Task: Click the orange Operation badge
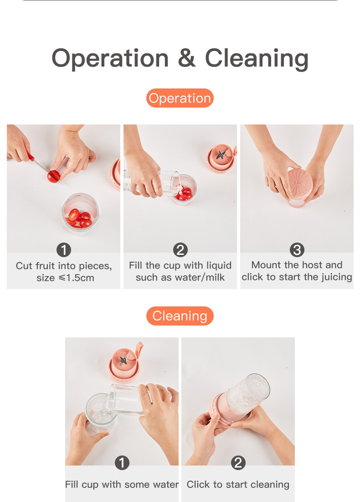[180, 98]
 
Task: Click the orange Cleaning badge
[180, 316]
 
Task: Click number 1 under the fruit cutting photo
[64, 250]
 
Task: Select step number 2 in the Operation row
[180, 250]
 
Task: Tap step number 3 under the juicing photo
[297, 250]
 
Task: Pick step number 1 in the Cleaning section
[122, 463]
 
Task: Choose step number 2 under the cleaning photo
[238, 463]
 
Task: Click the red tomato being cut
[53, 176]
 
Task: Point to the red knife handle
[31, 156]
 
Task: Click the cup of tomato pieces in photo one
[80, 214]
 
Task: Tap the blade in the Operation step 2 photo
[221, 155]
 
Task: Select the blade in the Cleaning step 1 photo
[123, 360]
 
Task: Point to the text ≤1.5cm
[77, 278]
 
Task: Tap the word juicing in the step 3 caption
[335, 277]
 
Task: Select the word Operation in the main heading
[110, 59]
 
